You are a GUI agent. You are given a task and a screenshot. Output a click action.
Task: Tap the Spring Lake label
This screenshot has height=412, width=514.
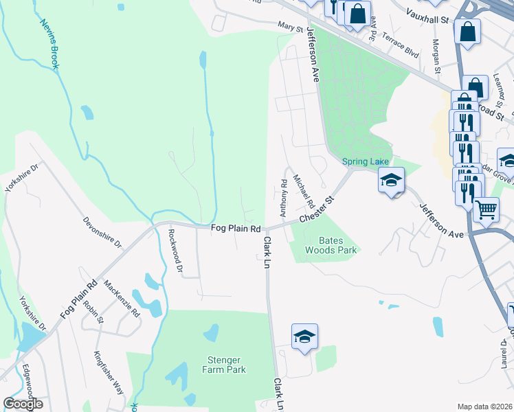(366, 161)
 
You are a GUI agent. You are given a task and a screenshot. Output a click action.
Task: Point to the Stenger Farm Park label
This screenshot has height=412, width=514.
(227, 365)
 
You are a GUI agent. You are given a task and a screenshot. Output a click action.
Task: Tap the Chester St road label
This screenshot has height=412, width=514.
(320, 209)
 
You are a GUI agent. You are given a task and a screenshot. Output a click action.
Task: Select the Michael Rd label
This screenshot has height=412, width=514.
(304, 192)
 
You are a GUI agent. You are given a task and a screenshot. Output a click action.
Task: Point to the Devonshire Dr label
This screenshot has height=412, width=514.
(102, 233)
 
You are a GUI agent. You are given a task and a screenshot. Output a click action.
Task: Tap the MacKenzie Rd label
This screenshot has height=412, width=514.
(122, 298)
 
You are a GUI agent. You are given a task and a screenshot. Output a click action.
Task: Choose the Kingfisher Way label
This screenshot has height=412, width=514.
(109, 372)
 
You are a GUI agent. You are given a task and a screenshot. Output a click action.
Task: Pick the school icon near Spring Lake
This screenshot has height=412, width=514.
(392, 180)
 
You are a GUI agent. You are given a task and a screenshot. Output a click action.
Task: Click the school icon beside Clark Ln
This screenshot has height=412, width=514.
(304, 336)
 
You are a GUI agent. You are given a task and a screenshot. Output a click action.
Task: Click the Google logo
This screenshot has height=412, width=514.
(23, 404)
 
